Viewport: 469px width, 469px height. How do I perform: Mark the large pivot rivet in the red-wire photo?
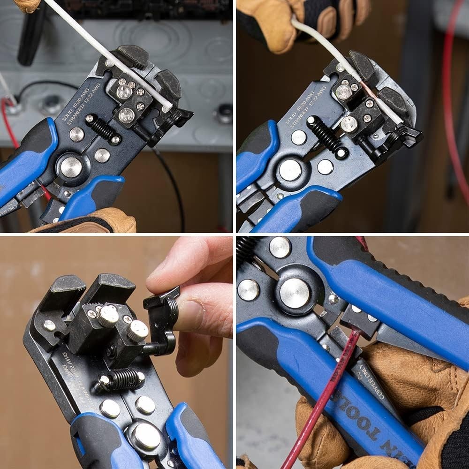pyautogui.click(x=294, y=293)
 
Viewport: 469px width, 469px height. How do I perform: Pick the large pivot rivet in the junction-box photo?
pyautogui.click(x=71, y=166)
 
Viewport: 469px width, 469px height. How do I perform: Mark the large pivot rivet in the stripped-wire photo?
pyautogui.click(x=290, y=170)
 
